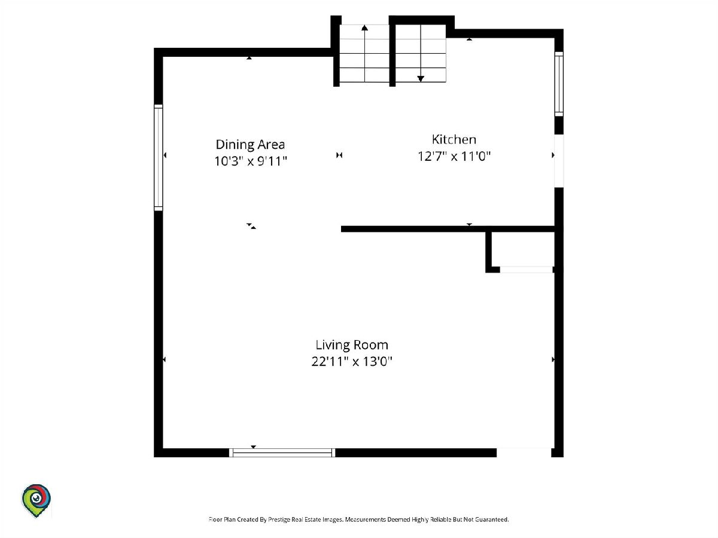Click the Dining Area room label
pyautogui.click(x=250, y=145)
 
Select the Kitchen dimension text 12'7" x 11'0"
pyautogui.click(x=454, y=157)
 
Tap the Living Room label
pyautogui.click(x=352, y=345)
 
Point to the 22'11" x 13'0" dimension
pyautogui.click(x=352, y=362)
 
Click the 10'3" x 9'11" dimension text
pyautogui.click(x=251, y=161)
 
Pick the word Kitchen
pyautogui.click(x=454, y=139)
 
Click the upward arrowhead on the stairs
pyautogui.click(x=365, y=27)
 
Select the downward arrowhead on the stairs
pyautogui.click(x=421, y=79)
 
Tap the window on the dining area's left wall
pyautogui.click(x=159, y=158)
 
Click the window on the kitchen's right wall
pyautogui.click(x=559, y=84)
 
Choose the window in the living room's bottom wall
pyautogui.click(x=282, y=453)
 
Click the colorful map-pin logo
pyautogui.click(x=36, y=500)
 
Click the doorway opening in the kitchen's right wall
pyautogui.click(x=559, y=161)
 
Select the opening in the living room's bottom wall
pyautogui.click(x=524, y=453)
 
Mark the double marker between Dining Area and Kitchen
pyautogui.click(x=339, y=155)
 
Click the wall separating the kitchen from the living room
pyautogui.click(x=448, y=229)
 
